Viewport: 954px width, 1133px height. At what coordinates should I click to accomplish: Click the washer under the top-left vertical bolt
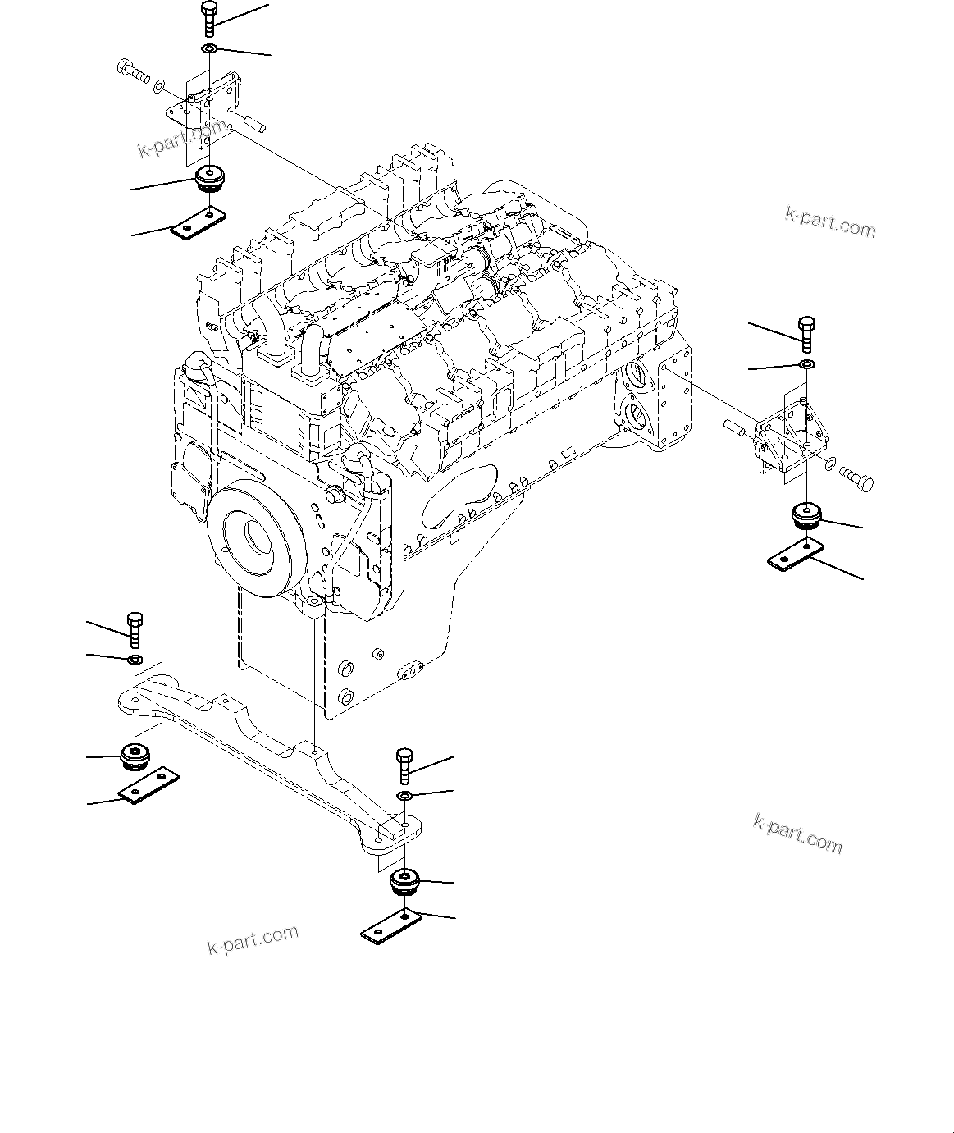209,51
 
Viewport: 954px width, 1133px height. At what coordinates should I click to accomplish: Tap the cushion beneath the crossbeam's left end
135,754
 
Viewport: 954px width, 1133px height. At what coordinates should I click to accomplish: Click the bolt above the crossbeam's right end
404,765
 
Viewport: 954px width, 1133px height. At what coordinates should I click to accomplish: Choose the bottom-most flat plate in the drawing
392,925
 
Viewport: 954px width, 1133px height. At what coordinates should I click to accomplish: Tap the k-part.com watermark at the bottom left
252,940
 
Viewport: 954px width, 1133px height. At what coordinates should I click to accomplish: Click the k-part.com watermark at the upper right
829,222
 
